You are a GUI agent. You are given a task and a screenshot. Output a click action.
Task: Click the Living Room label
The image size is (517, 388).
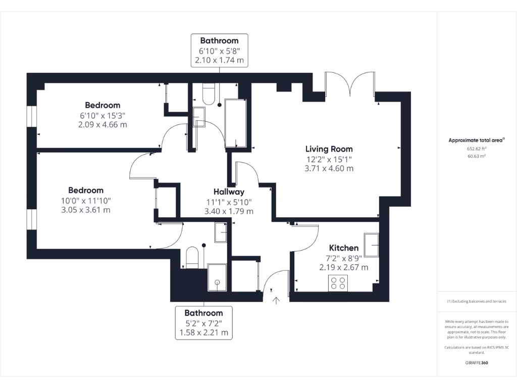coord(329,149)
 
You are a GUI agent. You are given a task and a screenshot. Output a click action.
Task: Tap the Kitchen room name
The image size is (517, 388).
coord(343,248)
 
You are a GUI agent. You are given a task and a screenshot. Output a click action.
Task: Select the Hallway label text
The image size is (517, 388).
coord(229,192)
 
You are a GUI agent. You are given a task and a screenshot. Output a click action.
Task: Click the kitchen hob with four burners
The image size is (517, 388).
coord(338,283)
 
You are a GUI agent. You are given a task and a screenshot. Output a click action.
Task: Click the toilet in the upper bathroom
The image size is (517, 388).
coord(209,93)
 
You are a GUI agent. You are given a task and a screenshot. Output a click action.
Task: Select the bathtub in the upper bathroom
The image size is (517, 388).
coord(235,123)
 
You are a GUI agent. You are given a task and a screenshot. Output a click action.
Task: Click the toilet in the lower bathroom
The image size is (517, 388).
coord(192,257)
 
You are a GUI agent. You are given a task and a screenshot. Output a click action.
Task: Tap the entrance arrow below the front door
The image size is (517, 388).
coord(276,301)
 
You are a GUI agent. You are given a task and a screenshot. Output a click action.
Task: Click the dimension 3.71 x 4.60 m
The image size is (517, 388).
coord(329,169)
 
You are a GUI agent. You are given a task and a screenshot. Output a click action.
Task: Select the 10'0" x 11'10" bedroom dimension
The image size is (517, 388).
coord(86,201)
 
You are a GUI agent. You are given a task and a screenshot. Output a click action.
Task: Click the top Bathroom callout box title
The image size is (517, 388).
coord(219,40)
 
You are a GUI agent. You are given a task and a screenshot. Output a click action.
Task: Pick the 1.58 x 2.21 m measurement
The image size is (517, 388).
coord(203,333)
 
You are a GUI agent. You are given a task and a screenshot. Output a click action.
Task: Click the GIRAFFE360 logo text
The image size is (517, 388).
coord(476,363)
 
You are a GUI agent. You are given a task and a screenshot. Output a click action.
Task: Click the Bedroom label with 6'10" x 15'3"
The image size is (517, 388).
coord(102,105)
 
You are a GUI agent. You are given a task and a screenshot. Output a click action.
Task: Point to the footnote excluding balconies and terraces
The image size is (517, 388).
coord(476,301)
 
